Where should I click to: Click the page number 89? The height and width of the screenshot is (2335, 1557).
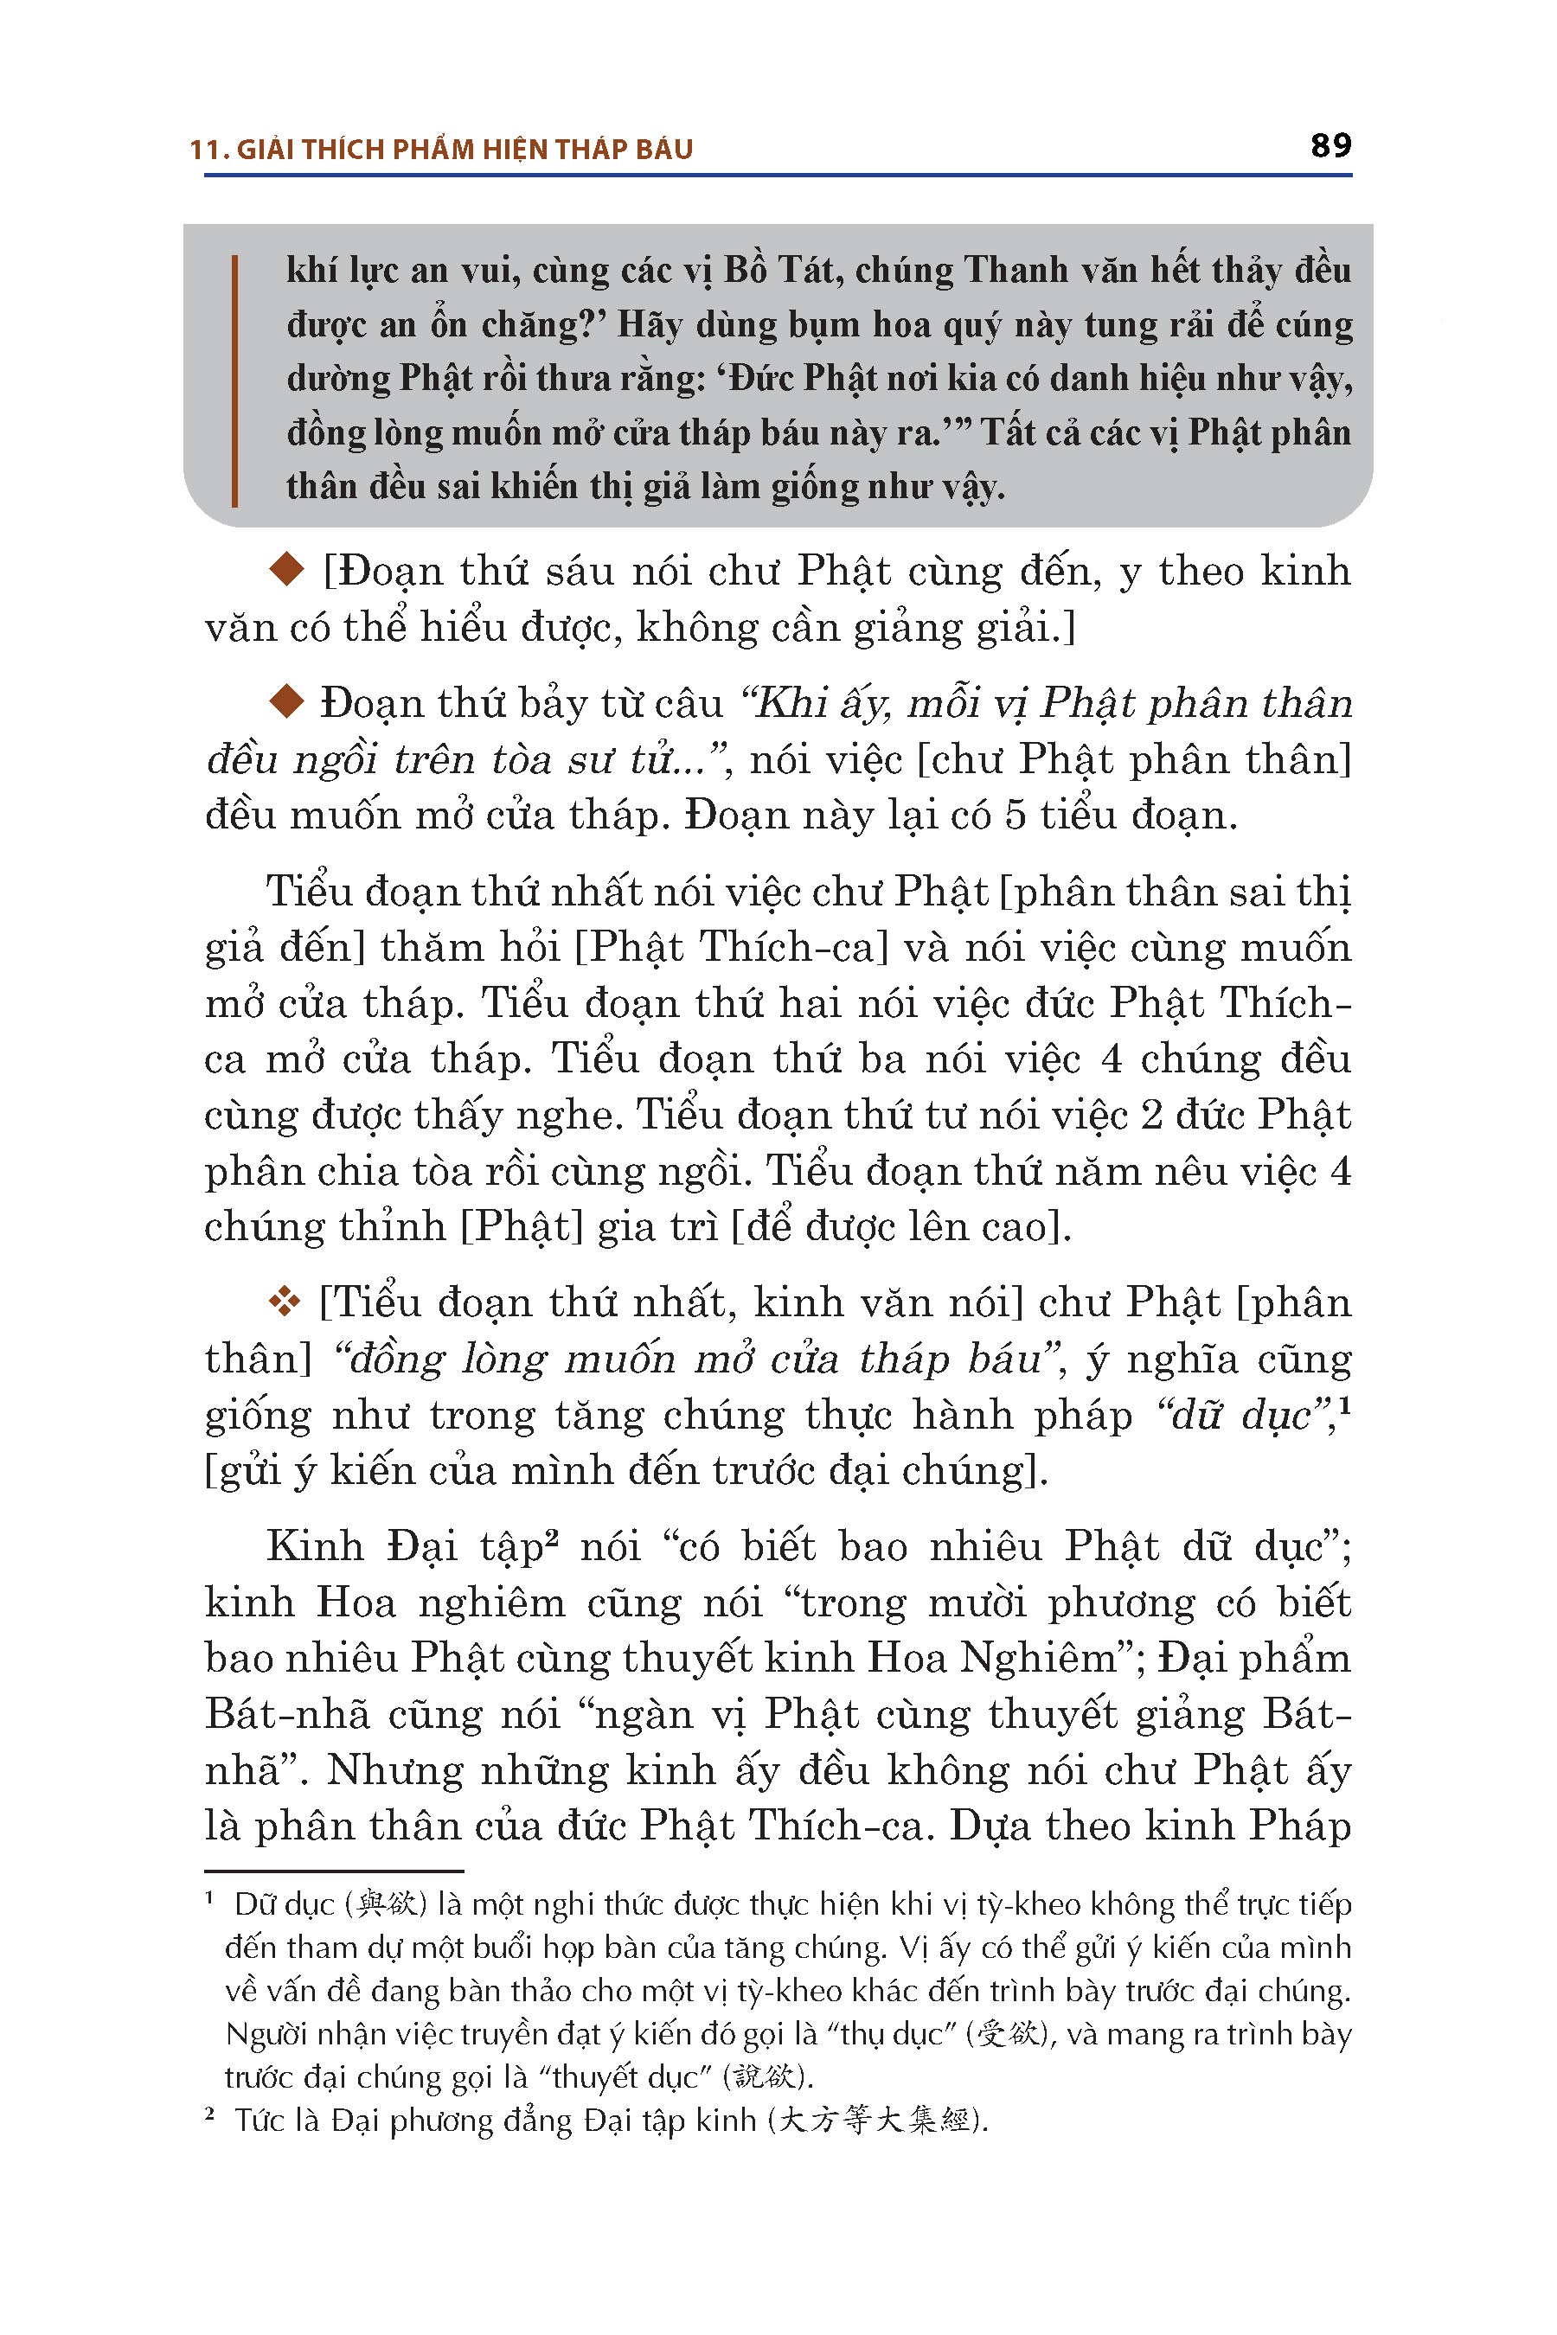1330,146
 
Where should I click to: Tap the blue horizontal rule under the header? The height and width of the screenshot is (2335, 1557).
778,176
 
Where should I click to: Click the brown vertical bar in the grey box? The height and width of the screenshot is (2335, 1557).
234,381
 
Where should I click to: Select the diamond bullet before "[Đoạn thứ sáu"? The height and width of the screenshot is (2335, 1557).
287,570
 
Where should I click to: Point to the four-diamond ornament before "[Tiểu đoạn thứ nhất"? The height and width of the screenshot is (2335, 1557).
284,1302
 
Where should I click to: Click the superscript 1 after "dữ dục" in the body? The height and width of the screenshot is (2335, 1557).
1343,1404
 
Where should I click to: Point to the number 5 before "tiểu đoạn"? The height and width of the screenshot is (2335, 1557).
1014,815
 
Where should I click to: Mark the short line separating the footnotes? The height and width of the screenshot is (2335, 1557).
334,1871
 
